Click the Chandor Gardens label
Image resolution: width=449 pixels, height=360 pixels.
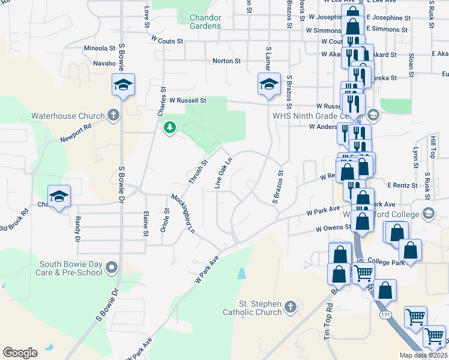click(205, 22)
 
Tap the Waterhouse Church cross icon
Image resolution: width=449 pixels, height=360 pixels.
click(113, 116)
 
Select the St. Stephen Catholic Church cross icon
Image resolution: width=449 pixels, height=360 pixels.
click(290, 308)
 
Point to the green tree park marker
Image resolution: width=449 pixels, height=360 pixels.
click(170, 127)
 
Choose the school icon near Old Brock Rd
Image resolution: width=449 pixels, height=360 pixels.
click(59, 197)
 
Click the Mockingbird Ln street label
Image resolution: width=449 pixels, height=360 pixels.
click(183, 213)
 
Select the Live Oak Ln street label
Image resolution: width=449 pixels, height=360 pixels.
click(223, 172)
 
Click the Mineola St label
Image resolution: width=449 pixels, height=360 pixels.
click(100, 48)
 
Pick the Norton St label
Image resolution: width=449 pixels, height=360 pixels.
click(226, 61)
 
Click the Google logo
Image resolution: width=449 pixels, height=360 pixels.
click(20, 353)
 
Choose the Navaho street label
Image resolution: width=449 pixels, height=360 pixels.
click(104, 63)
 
